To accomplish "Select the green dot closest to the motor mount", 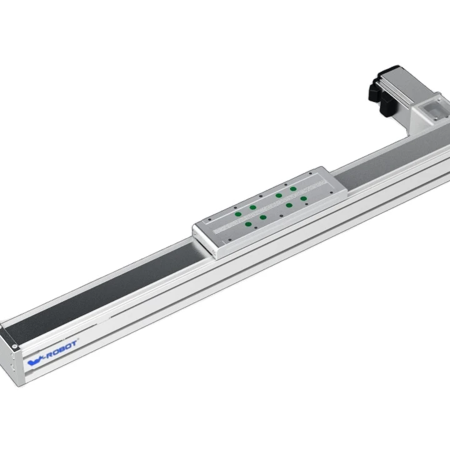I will [293, 188].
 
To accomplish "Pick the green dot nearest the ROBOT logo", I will [249, 223].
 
